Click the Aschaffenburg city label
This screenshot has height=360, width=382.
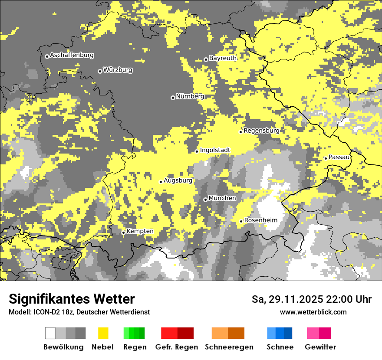click(72, 56)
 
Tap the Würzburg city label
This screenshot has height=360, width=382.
click(118, 70)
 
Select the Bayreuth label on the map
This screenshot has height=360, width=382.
click(223, 58)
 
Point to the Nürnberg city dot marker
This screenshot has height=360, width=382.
click(173, 98)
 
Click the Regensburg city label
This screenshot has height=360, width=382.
click(261, 131)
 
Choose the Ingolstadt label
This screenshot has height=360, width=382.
click(215, 151)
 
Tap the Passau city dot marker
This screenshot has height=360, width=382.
click(326, 158)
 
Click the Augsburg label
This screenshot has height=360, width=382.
click(178, 180)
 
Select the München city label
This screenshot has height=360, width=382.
click(222, 198)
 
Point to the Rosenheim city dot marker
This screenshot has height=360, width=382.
click(241, 221)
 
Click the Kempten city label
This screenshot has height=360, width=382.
click(140, 231)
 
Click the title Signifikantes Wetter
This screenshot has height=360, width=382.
click(72, 299)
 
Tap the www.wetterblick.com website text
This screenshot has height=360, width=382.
click(313, 312)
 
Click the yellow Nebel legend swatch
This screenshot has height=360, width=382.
click(103, 333)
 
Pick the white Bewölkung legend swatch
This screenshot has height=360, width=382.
click(50, 333)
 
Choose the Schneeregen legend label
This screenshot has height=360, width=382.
click(229, 347)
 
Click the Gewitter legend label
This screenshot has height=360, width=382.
click(320, 347)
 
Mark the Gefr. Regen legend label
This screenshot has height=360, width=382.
click(176, 347)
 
